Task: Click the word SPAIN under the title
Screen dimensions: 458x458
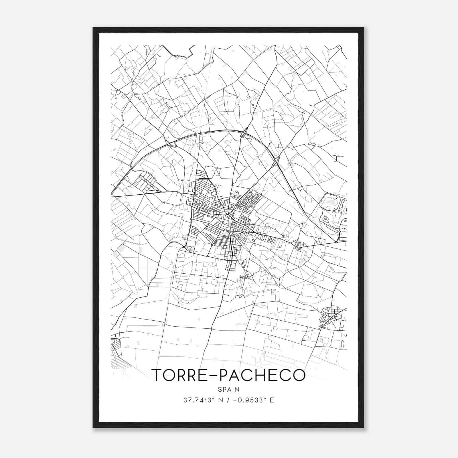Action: (228, 389)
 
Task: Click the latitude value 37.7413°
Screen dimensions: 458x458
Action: (199, 400)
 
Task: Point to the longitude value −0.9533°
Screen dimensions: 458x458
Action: (248, 400)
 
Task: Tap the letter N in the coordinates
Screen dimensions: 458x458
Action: (220, 400)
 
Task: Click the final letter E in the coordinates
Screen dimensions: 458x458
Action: (272, 400)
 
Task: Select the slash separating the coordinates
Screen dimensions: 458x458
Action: (228, 400)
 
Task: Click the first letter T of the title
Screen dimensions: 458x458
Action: (157, 375)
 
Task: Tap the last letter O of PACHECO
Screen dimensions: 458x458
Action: (299, 375)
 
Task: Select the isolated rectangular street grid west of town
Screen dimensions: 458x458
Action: (146, 182)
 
